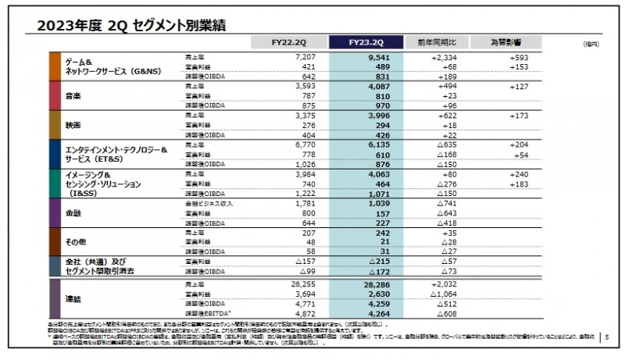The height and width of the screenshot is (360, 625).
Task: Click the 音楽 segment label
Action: tap(73, 95)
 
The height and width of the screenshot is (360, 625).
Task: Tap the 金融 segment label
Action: tap(73, 212)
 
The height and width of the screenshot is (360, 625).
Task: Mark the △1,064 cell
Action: tap(447, 295)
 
